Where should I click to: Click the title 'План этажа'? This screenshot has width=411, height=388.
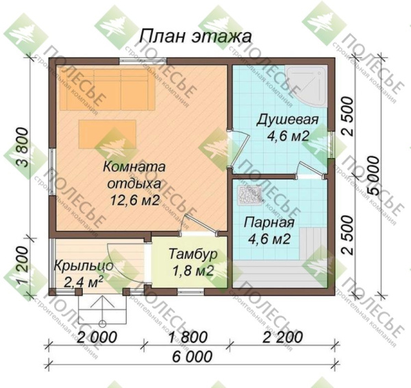click(x=196, y=35)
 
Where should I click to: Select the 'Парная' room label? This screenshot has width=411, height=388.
click(x=269, y=223)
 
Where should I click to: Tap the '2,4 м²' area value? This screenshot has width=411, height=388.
click(x=83, y=280)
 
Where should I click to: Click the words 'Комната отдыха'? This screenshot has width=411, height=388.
click(x=134, y=175)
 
